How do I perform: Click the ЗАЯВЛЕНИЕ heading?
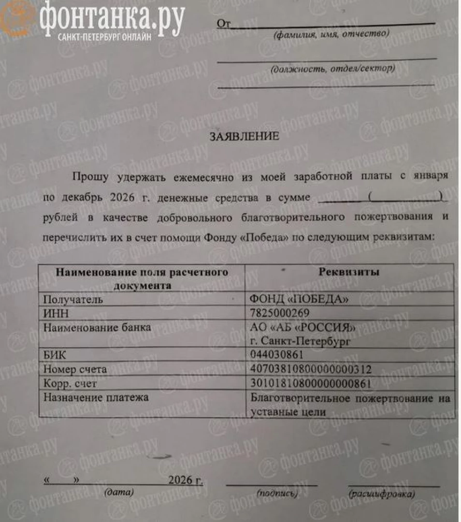(x=244, y=137)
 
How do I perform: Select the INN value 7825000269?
(x=279, y=313)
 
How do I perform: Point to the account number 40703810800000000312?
(x=311, y=370)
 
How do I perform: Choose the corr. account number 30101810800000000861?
(x=310, y=384)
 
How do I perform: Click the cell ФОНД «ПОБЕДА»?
(x=299, y=300)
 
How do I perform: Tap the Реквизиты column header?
(x=349, y=272)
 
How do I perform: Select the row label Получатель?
(x=73, y=300)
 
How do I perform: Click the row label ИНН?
(x=56, y=313)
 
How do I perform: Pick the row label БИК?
(x=55, y=356)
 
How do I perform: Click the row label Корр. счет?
(x=70, y=384)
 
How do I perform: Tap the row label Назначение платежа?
(x=96, y=398)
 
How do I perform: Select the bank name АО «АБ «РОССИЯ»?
(x=303, y=328)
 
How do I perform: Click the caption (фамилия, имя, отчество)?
(x=331, y=35)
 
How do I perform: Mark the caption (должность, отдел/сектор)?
(x=333, y=69)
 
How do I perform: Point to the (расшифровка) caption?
(x=382, y=494)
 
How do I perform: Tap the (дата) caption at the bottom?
(x=119, y=493)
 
